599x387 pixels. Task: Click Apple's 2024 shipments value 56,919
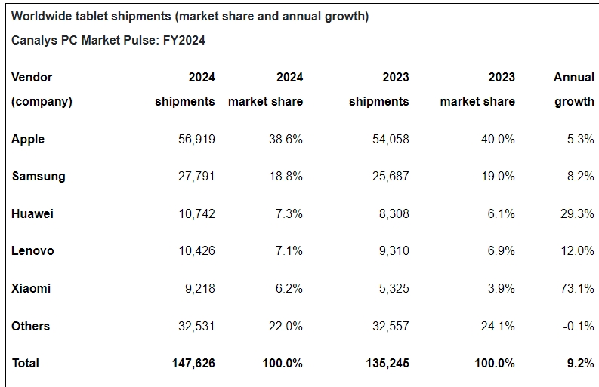click(193, 139)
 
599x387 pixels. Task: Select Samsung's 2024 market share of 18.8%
click(286, 176)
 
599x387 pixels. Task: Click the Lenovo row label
click(32, 250)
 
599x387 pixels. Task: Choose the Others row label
click(31, 326)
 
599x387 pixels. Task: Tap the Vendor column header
click(32, 77)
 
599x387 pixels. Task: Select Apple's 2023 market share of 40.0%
click(499, 139)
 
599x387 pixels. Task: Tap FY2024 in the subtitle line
click(182, 41)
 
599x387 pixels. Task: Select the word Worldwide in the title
click(39, 16)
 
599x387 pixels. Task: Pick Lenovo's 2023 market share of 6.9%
click(502, 250)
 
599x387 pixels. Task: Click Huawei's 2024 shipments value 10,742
click(196, 213)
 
